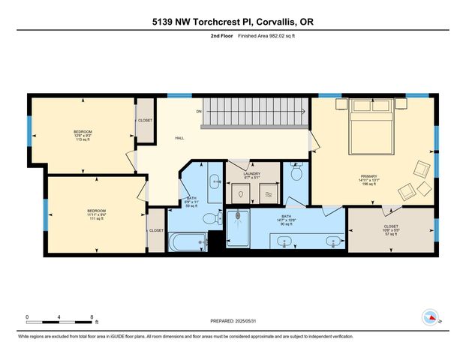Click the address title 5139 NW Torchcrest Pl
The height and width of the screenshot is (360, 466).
click(233, 22)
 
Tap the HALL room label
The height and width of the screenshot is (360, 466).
click(180, 138)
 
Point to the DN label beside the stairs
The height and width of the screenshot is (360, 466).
click(200, 112)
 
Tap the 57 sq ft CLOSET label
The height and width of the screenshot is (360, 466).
click(391, 228)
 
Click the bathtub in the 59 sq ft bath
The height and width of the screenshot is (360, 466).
click(187, 242)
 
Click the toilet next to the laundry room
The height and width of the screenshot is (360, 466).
click(296, 174)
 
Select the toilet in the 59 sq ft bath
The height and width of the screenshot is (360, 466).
click(217, 218)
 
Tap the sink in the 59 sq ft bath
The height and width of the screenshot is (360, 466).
click(213, 181)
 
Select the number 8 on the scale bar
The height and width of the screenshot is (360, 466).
click(92, 316)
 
